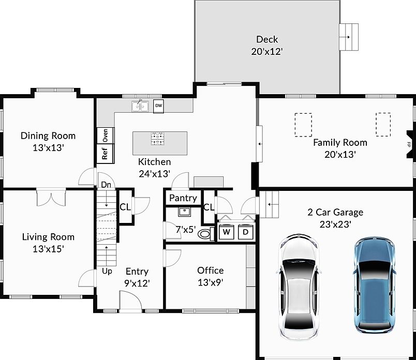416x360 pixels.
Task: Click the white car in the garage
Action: point(298,287)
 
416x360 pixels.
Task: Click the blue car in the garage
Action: point(374,285)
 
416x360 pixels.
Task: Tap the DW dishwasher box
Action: point(158,106)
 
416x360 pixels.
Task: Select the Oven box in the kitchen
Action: point(106,136)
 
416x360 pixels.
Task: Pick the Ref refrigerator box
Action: point(106,153)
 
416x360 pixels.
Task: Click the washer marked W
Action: point(226,232)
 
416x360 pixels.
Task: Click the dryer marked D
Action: point(245,232)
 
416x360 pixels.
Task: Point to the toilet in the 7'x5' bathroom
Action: point(206,234)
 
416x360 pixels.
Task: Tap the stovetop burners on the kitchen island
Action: point(158,139)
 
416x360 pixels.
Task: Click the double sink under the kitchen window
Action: point(140,107)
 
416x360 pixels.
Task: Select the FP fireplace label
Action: point(409,145)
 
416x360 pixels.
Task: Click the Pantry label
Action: point(183,198)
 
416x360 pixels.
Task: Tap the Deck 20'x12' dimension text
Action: point(267,51)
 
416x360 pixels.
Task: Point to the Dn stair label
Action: point(106,185)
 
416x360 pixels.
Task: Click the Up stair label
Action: point(107,272)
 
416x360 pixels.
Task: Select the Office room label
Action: point(211,271)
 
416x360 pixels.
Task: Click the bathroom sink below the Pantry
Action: point(184,212)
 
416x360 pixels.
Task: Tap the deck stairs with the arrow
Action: point(349,37)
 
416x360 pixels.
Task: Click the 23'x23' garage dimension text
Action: point(335,224)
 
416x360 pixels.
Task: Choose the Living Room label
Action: point(48,237)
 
